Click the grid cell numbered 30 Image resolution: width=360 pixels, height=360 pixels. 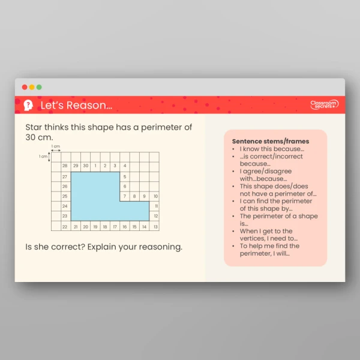(x=85, y=166)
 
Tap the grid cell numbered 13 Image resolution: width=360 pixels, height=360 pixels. (x=155, y=227)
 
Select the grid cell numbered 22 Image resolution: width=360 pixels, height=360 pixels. (x=65, y=227)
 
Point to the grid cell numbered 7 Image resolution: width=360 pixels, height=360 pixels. (x=125, y=196)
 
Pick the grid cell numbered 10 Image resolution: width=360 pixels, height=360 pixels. (x=155, y=196)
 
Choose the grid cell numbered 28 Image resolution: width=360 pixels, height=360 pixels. (x=65, y=166)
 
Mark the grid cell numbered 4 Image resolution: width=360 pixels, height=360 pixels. (x=125, y=166)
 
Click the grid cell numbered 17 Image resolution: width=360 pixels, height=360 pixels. (x=115, y=227)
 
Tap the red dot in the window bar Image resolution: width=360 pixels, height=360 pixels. (x=25, y=87)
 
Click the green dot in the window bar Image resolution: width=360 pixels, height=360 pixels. (x=39, y=87)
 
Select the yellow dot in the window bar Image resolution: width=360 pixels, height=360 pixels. (x=32, y=87)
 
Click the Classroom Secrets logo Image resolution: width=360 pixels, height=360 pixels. (x=324, y=104)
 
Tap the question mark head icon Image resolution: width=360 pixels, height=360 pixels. (x=28, y=106)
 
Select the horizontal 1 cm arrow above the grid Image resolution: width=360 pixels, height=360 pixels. (x=55, y=151)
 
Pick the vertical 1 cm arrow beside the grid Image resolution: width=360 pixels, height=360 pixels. (x=49, y=157)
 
